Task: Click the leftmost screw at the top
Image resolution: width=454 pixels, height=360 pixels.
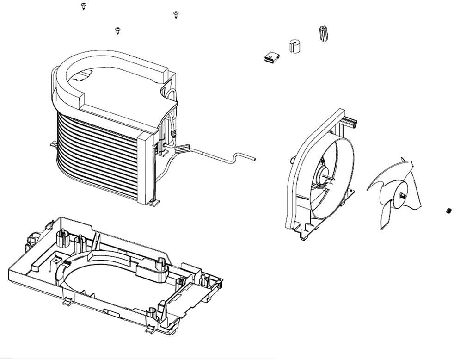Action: pyautogui.click(x=83, y=6)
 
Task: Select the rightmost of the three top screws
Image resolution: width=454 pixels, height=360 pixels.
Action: pyautogui.click(x=175, y=15)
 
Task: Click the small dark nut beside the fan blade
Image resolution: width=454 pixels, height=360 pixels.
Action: pyautogui.click(x=448, y=211)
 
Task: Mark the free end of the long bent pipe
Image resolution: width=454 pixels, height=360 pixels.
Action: pyautogui.click(x=253, y=158)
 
